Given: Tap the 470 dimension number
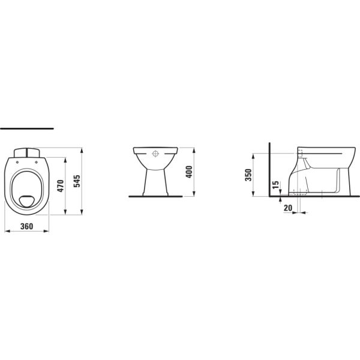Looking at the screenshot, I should click(x=60, y=186).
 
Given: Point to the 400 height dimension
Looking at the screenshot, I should click(x=188, y=172).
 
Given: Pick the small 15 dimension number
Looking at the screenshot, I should click(x=275, y=186).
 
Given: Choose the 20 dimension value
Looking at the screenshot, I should click(x=288, y=208).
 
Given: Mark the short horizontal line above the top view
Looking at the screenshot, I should click(x=27, y=128).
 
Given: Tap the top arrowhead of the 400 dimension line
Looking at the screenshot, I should click(x=194, y=148).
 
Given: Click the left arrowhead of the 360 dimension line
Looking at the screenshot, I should click(x=5, y=231).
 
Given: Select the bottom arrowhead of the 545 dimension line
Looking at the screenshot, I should click(x=82, y=213).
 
